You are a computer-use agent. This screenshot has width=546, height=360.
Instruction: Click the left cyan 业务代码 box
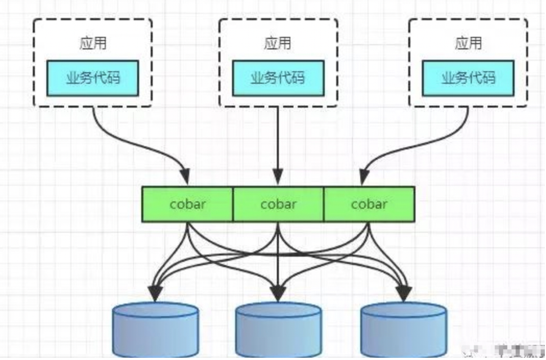(93, 78)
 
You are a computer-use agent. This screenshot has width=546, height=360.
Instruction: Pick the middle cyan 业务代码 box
(278, 78)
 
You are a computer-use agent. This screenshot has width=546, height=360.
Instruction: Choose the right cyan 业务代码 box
(468, 78)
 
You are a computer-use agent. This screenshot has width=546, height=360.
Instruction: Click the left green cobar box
(187, 204)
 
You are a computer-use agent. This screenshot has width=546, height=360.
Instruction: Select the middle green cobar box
(278, 204)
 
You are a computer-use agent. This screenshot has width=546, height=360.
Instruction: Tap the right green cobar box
(369, 204)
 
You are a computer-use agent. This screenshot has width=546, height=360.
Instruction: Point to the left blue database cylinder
(155, 329)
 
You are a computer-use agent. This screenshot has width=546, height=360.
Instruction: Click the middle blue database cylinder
(278, 329)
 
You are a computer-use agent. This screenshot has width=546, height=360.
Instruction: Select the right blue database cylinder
(404, 329)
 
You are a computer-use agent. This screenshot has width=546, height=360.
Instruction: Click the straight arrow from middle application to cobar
(278, 141)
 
